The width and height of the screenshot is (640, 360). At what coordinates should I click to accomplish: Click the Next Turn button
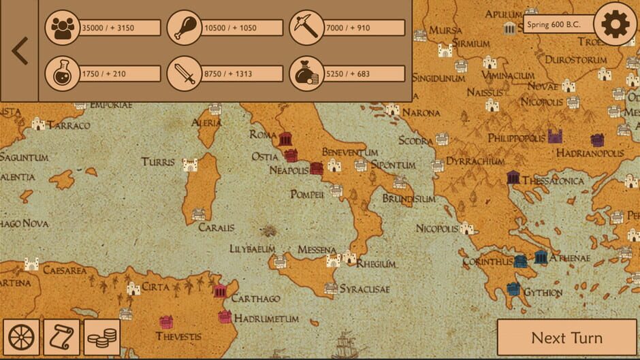pos(566,338)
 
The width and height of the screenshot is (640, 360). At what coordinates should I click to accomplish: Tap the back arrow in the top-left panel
pos(19,51)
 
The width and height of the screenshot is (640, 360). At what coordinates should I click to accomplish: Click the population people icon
pos(63,28)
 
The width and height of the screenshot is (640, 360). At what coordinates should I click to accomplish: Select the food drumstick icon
pos(185,28)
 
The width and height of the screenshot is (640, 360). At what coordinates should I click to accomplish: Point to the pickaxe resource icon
pos(306,28)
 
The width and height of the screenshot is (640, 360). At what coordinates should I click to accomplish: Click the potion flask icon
pos(63,73)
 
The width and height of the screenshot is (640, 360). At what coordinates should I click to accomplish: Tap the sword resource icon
pos(185,73)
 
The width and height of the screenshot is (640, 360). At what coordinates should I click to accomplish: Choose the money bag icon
pos(306,73)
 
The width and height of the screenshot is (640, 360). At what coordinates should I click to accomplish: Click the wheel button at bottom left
pos(21,338)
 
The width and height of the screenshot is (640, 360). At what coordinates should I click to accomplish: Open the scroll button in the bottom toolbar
pos(61,338)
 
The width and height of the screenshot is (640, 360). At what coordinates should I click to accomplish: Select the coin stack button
pos(102,338)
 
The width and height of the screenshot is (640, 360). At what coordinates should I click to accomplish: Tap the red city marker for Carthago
pos(220,291)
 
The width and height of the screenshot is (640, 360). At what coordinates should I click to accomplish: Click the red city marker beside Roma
pos(285,139)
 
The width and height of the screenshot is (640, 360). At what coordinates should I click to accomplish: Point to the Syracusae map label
pos(365,289)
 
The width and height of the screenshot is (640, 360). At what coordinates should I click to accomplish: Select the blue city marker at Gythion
pos(514,289)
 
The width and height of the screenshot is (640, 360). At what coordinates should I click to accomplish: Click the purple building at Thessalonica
pos(513,178)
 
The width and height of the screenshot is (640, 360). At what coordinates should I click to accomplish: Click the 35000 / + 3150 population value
pos(120,28)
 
